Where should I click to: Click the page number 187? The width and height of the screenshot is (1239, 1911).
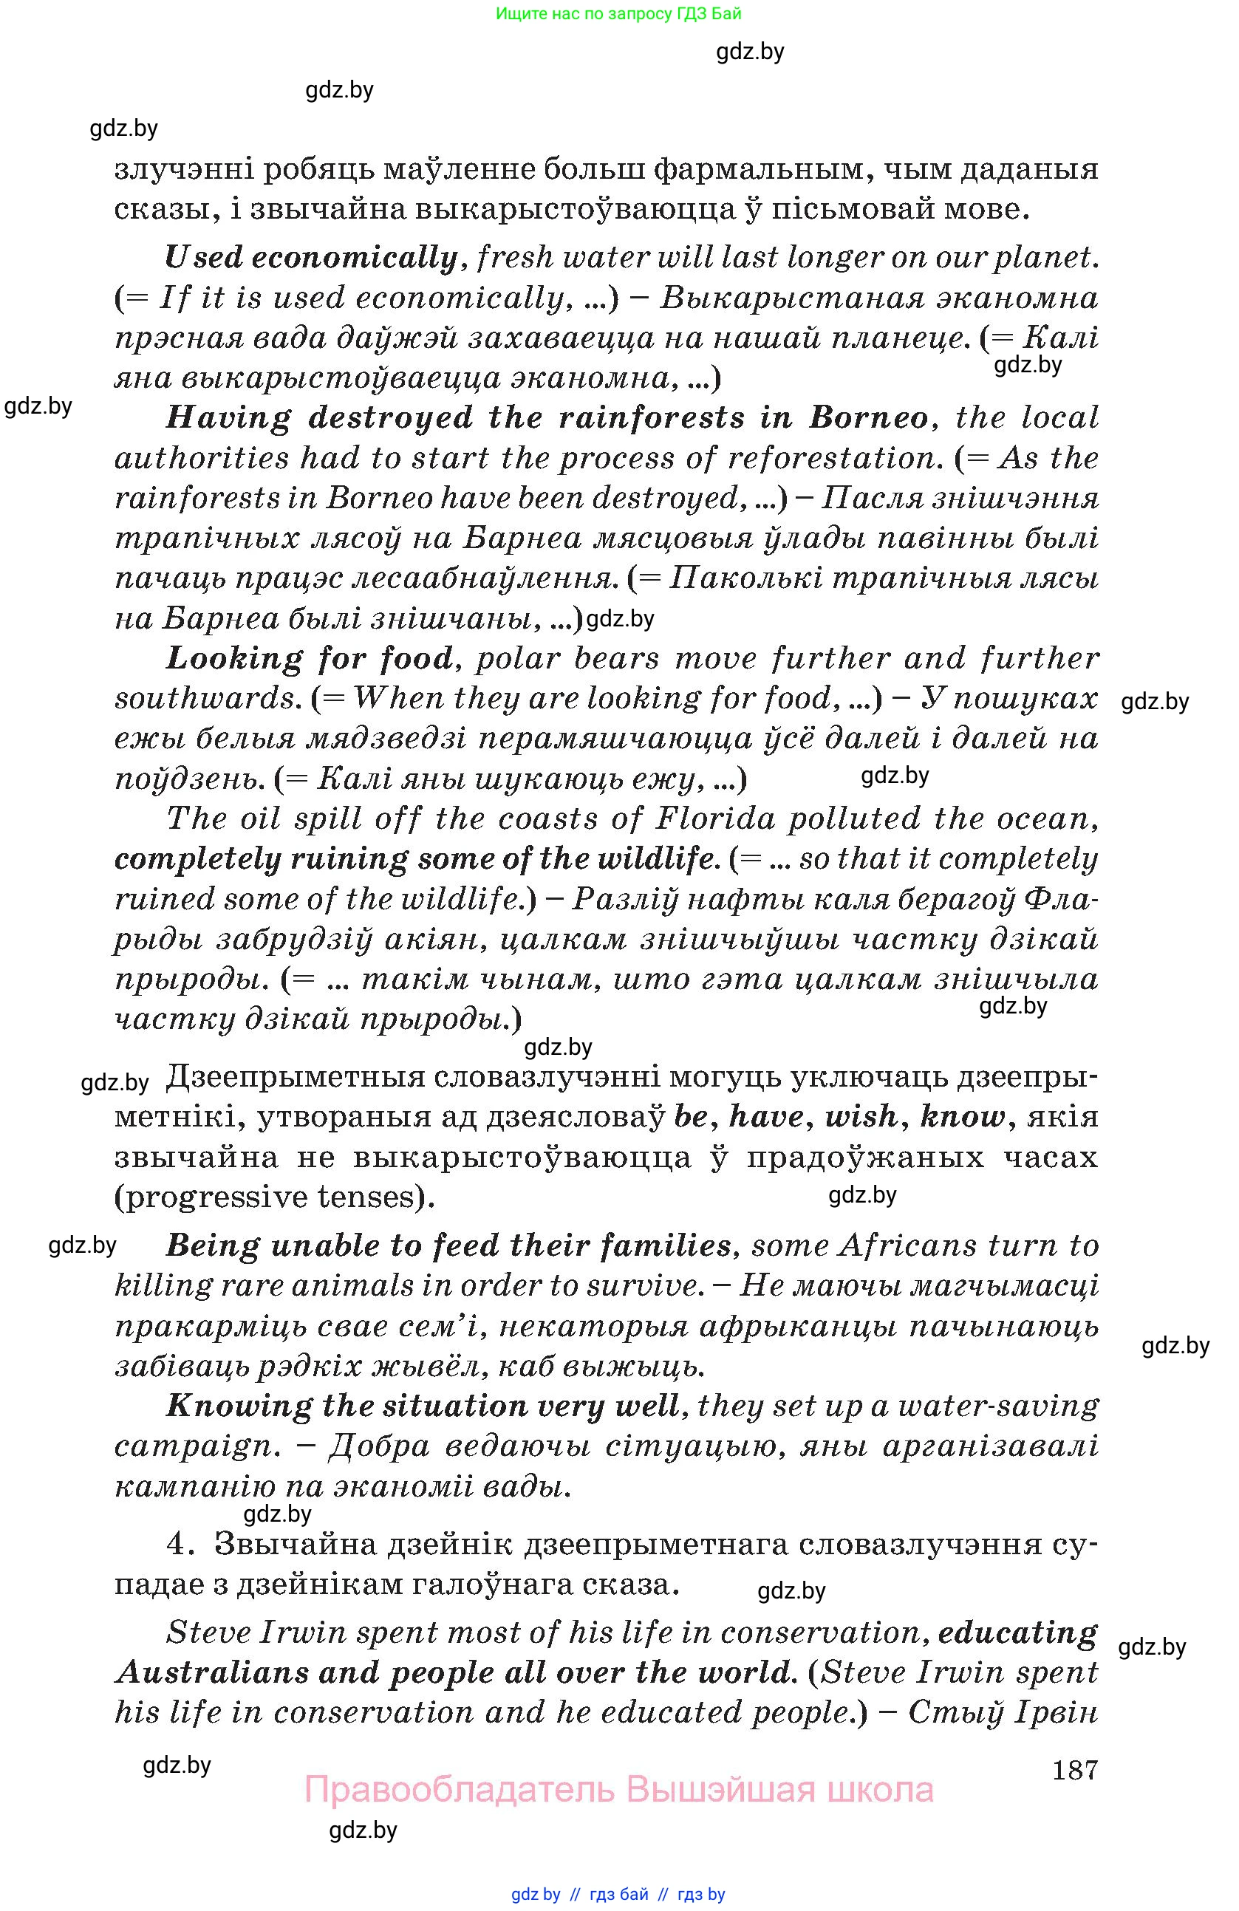pos(1074,1769)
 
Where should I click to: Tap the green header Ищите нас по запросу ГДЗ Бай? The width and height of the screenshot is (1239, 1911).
pos(618,13)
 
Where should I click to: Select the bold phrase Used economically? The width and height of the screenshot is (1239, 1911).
pos(311,257)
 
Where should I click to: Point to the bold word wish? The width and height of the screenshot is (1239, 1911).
pos(861,1116)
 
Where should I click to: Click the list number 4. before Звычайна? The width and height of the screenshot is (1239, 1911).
pos(178,1544)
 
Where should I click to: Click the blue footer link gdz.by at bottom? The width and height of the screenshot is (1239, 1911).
pos(536,1894)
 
